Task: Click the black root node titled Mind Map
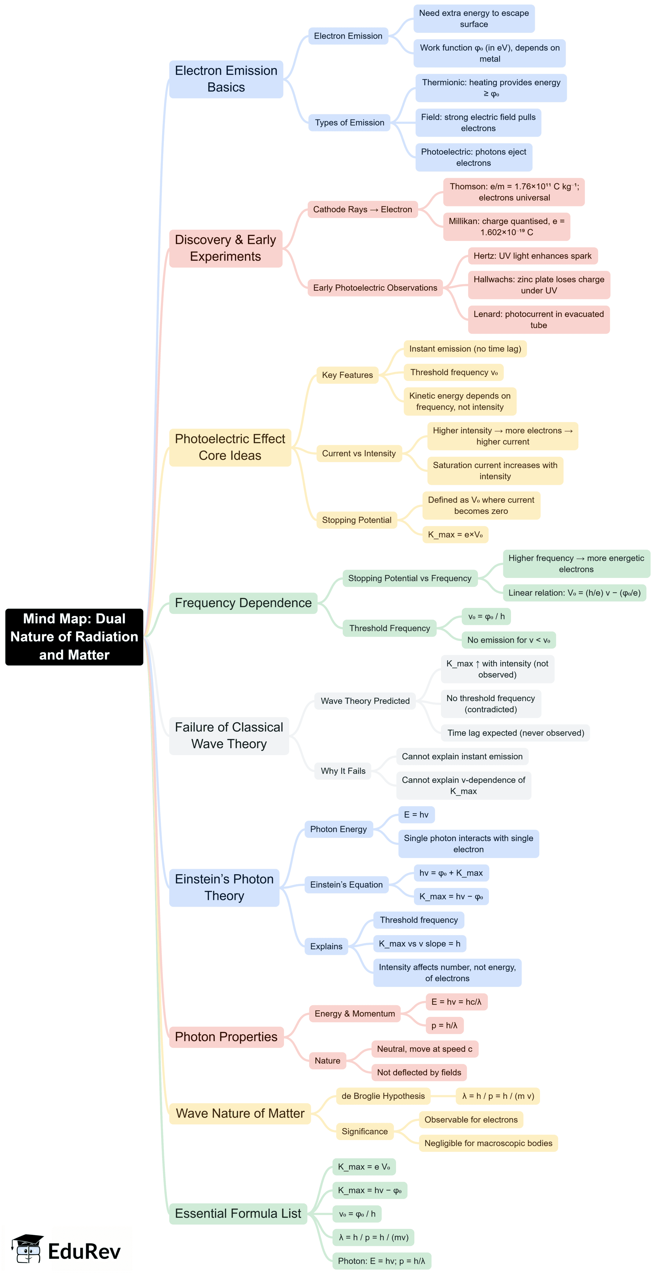click(x=74, y=637)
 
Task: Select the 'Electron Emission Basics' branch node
click(x=226, y=79)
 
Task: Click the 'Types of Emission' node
click(x=349, y=123)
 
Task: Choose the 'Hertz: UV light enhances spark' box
click(x=532, y=256)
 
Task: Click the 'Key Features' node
click(x=347, y=375)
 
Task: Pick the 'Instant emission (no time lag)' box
click(x=465, y=349)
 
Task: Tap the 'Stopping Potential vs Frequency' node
click(x=410, y=578)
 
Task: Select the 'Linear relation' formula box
click(x=574, y=593)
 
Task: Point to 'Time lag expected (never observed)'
click(x=516, y=732)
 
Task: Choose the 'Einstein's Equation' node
click(x=346, y=884)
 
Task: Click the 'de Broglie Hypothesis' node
click(x=383, y=1096)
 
